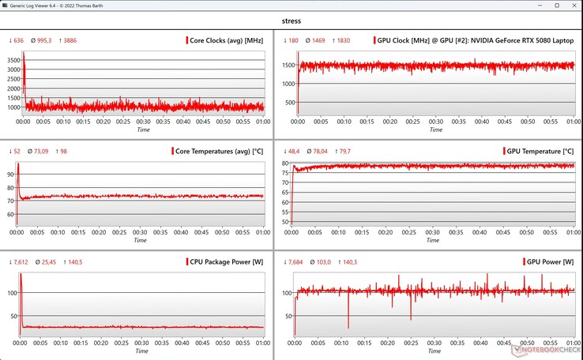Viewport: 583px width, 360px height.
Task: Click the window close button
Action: (568, 6)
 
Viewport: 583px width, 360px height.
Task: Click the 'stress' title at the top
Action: (291, 21)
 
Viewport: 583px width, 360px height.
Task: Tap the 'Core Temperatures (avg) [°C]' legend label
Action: (220, 151)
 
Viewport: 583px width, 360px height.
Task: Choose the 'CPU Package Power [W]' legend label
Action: (227, 261)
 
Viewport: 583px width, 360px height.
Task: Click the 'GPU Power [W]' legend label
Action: (549, 261)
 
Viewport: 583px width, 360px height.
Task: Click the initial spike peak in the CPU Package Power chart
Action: (21, 274)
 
